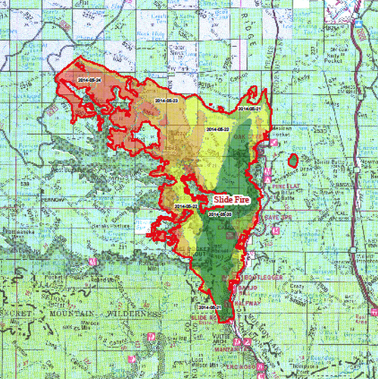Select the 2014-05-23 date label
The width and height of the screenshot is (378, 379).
pyautogui.click(x=165, y=99)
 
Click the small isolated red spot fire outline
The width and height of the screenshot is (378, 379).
pyautogui.click(x=292, y=160)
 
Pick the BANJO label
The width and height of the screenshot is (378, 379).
pyautogui.click(x=258, y=288)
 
